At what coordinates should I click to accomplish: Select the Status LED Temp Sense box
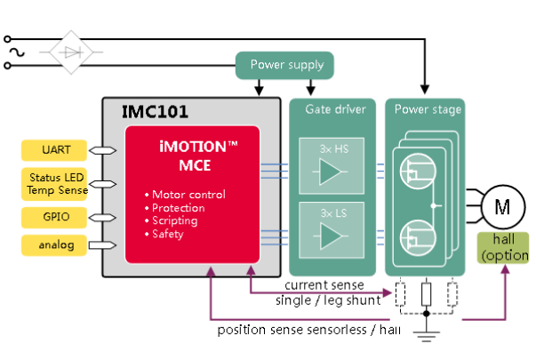pos(51,183)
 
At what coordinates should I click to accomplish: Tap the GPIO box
pos(51,217)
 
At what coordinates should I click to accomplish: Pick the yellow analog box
pos(51,244)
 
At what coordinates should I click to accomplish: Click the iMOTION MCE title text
pos(192,156)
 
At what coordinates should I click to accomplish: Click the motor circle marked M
pos(502,207)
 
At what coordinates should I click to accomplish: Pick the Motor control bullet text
pos(188,195)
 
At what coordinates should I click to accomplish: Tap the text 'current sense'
pos(324,285)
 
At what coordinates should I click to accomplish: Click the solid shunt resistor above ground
pos(426,292)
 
